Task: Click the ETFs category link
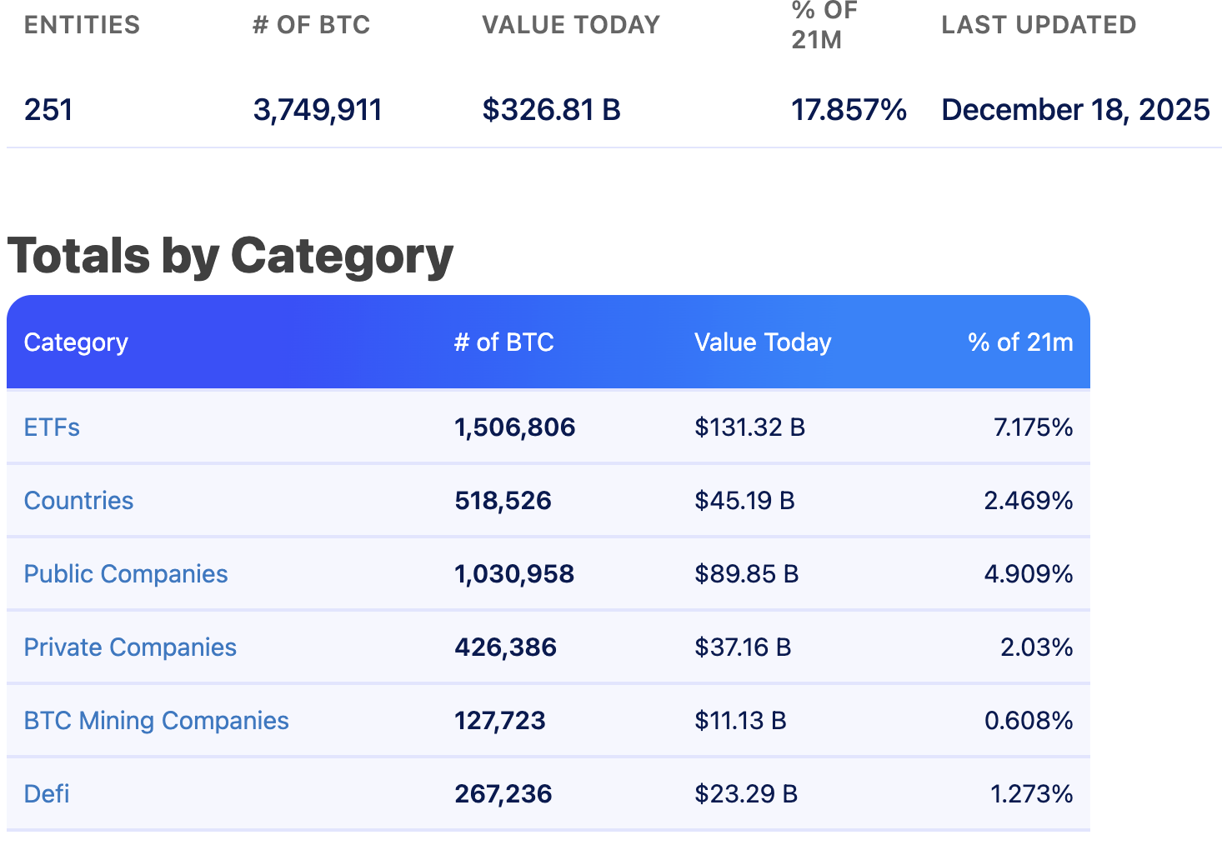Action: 52,427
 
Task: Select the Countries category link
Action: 78,501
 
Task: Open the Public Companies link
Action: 125,574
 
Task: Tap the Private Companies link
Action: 130,647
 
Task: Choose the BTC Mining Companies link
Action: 156,721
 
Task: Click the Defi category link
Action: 47,794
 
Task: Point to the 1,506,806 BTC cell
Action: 514,427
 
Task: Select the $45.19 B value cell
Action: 744,501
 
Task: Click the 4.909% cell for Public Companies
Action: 1028,574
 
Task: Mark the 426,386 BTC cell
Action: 505,647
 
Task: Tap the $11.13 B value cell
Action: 740,721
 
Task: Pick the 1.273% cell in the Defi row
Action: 1031,794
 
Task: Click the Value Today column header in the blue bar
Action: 763,342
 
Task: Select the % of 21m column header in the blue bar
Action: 1019,342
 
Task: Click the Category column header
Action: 76,342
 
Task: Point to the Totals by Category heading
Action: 230,255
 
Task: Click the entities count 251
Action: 48,110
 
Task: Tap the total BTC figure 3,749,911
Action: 317,110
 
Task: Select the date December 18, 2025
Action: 1075,110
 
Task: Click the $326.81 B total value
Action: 551,110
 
